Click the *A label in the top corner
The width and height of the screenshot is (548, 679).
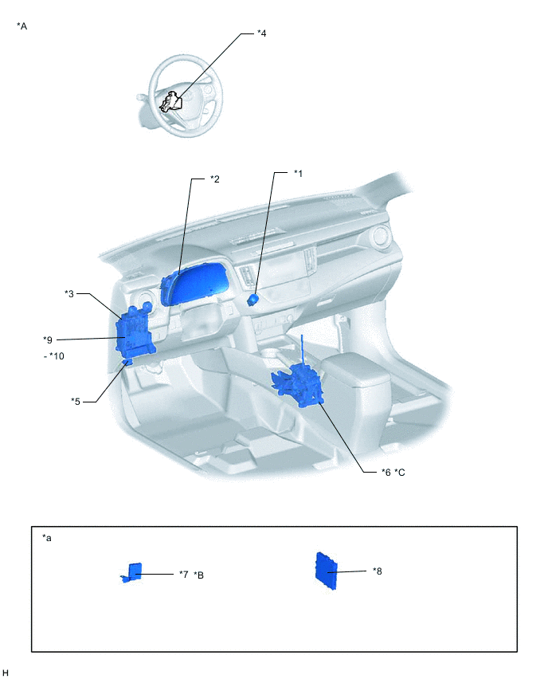(22, 26)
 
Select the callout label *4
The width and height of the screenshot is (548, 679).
(261, 33)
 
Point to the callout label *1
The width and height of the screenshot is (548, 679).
(298, 173)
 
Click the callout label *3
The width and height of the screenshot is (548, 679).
(69, 293)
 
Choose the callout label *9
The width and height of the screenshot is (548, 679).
(48, 339)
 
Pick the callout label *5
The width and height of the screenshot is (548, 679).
(76, 401)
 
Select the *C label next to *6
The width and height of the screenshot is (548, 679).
(400, 472)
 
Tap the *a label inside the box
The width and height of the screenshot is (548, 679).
(47, 538)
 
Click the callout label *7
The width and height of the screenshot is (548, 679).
(183, 574)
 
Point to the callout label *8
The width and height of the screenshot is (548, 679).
(378, 571)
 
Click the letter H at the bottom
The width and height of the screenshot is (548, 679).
(6, 673)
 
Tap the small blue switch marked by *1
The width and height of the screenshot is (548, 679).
(254, 300)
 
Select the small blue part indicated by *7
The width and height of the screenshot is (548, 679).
(134, 571)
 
